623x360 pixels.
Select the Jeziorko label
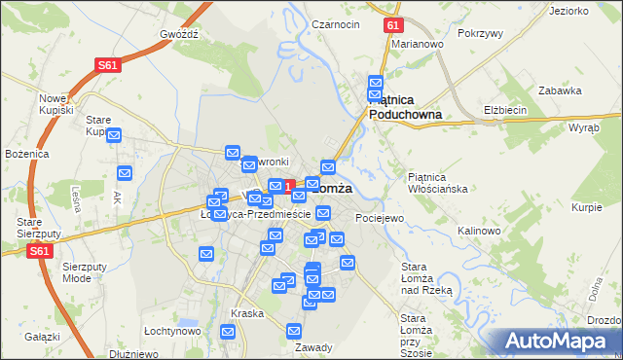[568, 11]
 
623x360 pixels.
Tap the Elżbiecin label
[505, 110]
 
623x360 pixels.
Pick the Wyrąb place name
[583, 127]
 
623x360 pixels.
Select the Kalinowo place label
[478, 231]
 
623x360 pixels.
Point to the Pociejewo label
[380, 218]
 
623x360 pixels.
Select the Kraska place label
[247, 313]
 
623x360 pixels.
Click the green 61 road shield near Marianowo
[391, 25]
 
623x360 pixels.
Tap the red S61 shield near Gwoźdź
[107, 65]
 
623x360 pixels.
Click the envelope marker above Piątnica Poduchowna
[375, 84]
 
